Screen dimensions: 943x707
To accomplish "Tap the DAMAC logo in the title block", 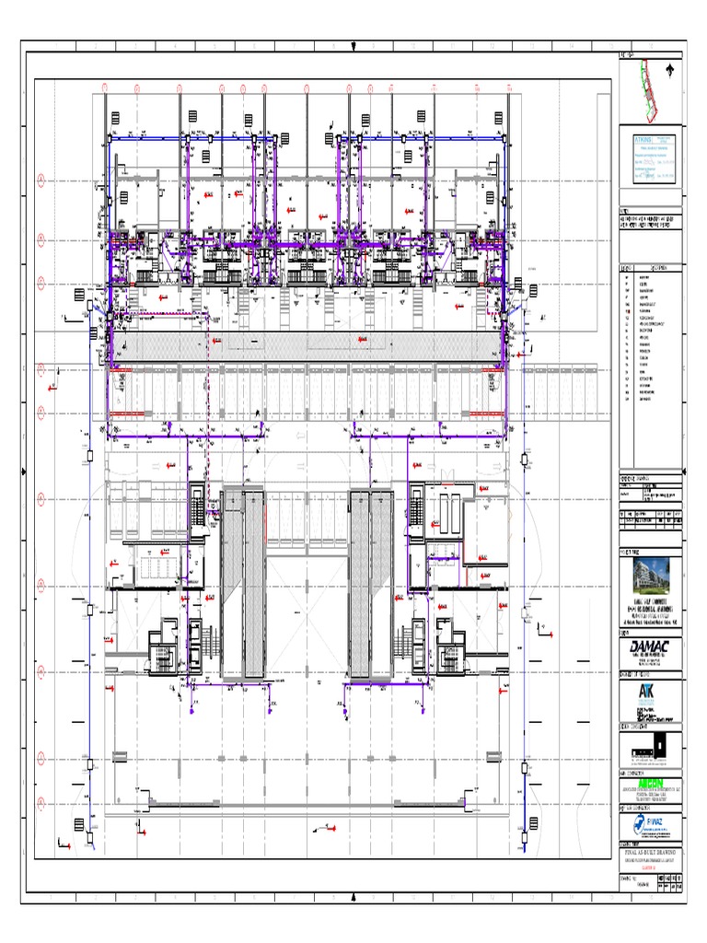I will (652, 647).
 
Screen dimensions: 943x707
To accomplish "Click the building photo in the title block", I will (653, 575).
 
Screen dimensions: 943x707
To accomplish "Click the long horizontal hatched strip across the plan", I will (308, 347).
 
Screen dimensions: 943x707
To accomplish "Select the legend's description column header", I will (661, 269).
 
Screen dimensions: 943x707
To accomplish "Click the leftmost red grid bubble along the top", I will (105, 88).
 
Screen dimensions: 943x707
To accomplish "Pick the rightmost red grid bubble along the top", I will (509, 88).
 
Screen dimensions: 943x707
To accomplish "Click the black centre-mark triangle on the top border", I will (353, 47).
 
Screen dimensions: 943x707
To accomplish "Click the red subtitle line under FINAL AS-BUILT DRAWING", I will (652, 865).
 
